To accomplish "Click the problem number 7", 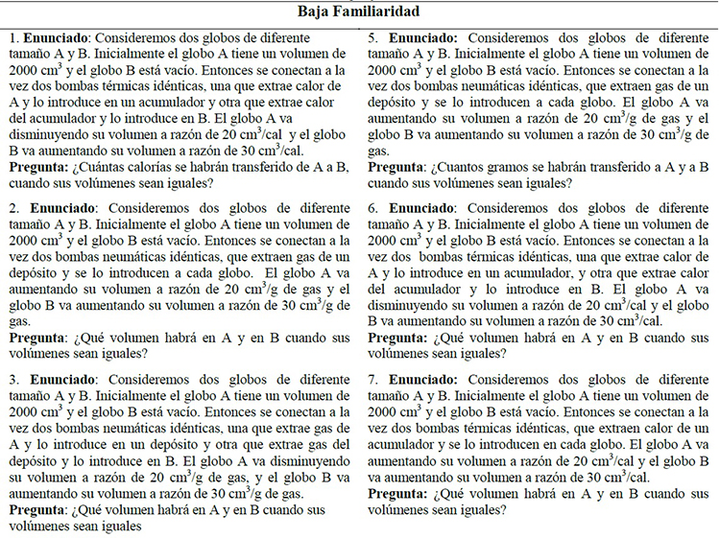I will point(372,378).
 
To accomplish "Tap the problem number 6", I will point(372,206).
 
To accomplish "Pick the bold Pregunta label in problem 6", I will point(397,339).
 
